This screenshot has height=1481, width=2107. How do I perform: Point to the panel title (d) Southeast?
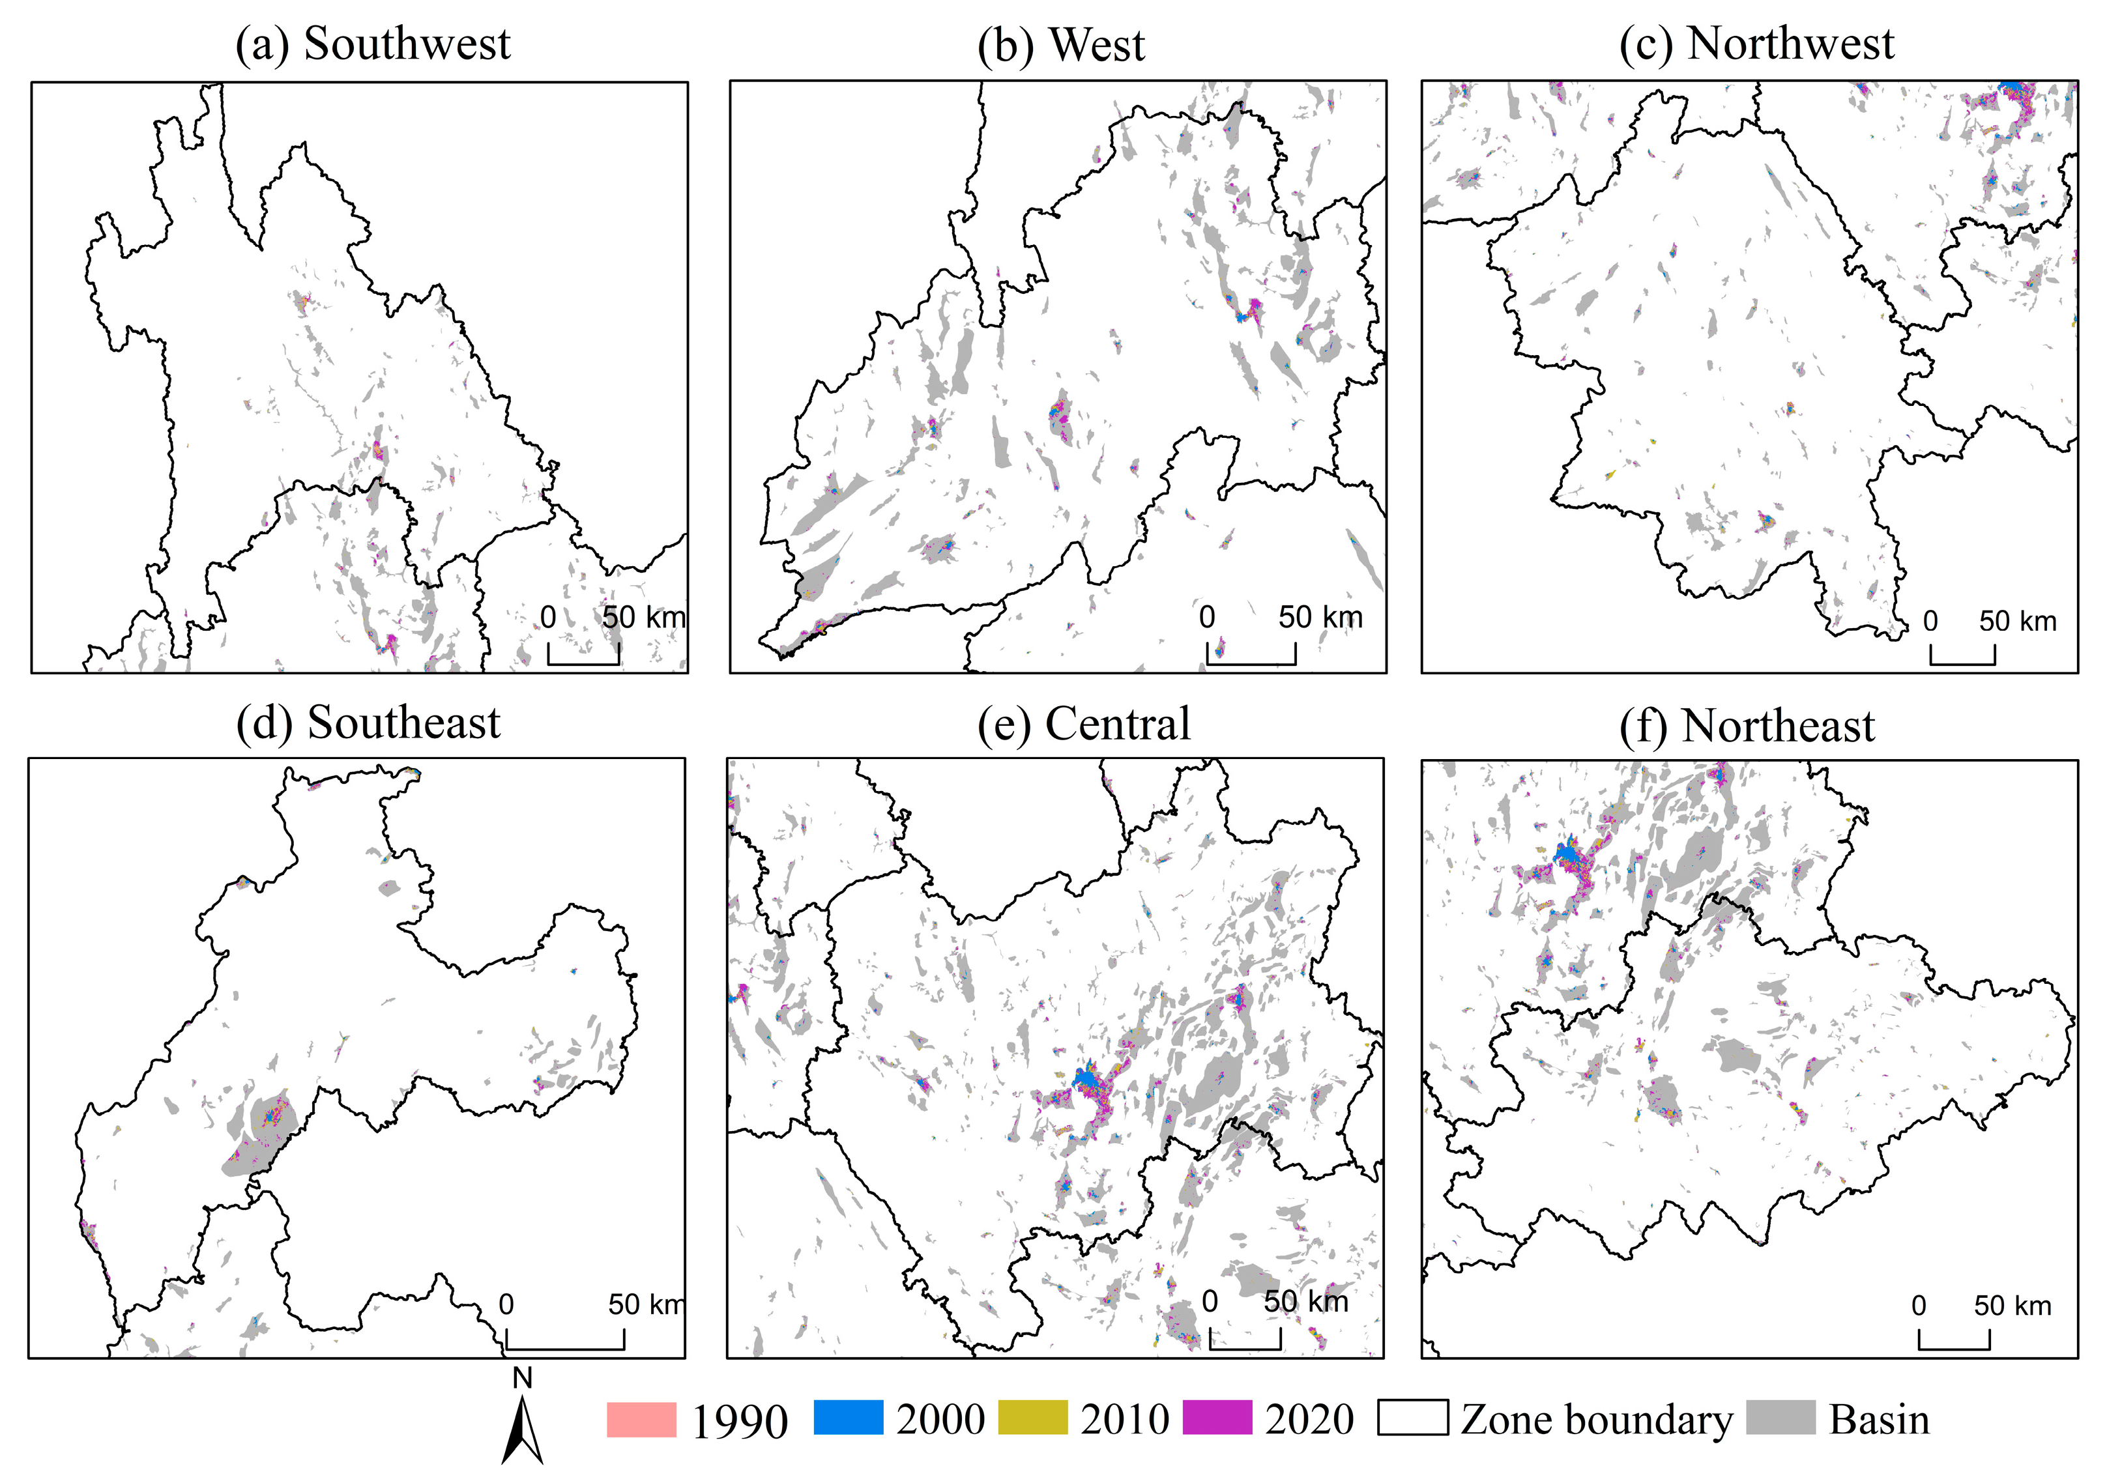tap(368, 723)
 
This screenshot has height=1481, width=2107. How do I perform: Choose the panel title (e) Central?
tap(1083, 723)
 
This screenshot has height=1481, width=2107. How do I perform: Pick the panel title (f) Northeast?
tap(1747, 726)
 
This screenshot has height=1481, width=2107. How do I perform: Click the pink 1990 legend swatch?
tap(641, 1418)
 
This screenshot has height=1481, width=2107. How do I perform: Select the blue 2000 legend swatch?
tap(848, 1418)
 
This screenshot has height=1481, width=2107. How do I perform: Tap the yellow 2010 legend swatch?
tap(1032, 1418)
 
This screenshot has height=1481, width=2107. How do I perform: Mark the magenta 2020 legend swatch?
tap(1217, 1418)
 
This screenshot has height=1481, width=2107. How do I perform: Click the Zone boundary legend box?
tap(1413, 1418)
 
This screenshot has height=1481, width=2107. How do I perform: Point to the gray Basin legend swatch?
tap(1780, 1418)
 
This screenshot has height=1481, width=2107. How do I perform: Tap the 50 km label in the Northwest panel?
tap(2017, 621)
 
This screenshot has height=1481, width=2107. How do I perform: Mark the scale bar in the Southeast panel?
tap(564, 1340)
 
